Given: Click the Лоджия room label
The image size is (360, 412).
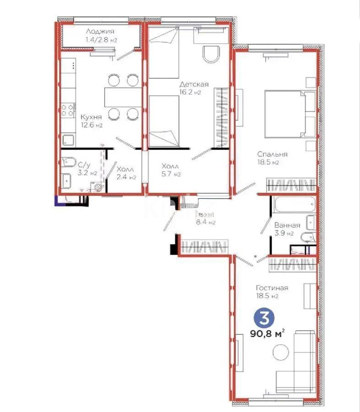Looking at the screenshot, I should [x=100, y=32].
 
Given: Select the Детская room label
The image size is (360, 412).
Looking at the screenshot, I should [x=194, y=84].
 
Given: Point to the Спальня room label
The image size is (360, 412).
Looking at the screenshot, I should [x=272, y=154].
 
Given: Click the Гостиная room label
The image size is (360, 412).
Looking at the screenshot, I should [x=272, y=287].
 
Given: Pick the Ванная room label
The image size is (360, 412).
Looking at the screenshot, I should [x=287, y=225].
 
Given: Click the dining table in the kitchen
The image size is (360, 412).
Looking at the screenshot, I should [x=122, y=96].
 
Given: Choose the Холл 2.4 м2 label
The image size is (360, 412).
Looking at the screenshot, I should [x=125, y=173].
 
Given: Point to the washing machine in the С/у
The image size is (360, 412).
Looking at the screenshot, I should [x=98, y=188].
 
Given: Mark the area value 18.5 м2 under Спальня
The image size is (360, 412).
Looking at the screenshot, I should [x=268, y=162].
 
